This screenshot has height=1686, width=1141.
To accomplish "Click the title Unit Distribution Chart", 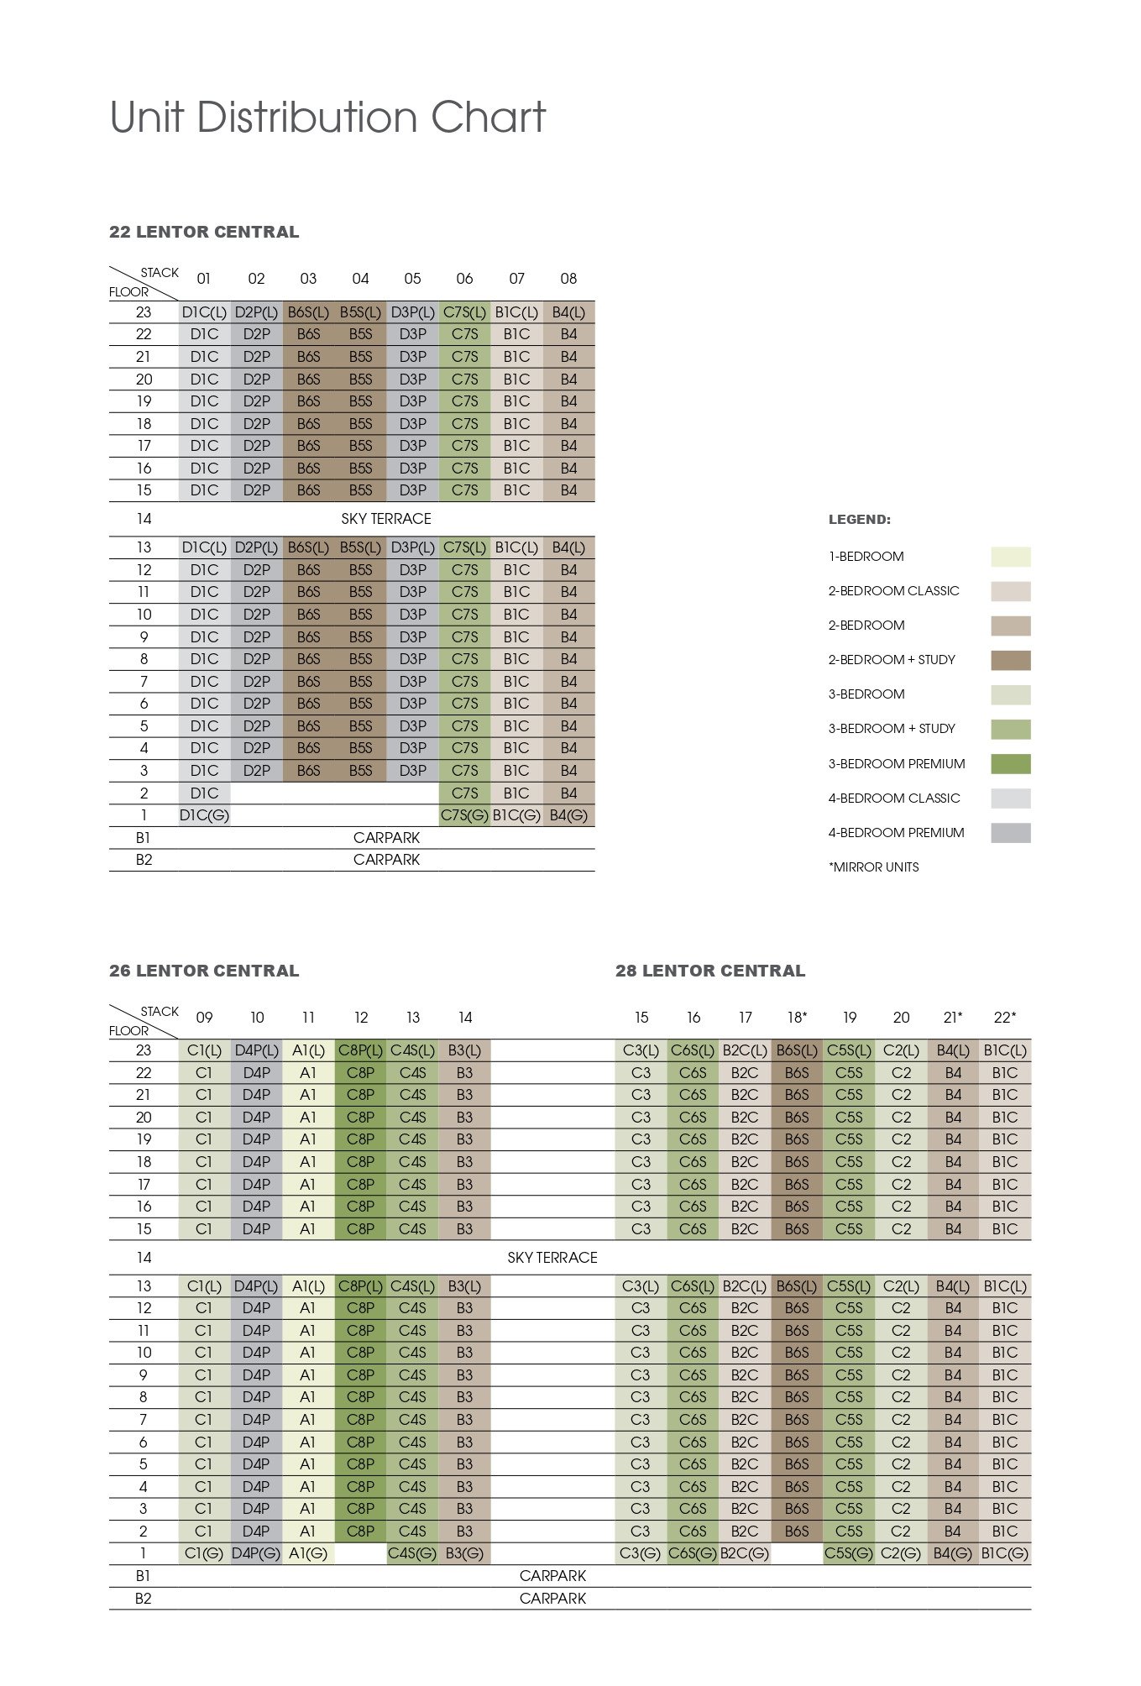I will [327, 118].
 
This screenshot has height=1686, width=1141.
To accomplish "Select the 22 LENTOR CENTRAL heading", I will [204, 233].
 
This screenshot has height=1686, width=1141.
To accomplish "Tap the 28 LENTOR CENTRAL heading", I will [709, 971].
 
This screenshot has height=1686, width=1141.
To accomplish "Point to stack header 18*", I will [797, 1018].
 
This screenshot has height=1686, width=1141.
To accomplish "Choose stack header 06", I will [464, 279].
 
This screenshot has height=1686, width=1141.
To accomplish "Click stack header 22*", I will [1004, 1018].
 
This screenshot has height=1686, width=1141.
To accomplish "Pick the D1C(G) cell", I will [204, 815].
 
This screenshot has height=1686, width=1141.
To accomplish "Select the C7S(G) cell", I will [464, 815].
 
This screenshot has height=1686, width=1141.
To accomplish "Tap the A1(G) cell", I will [308, 1554].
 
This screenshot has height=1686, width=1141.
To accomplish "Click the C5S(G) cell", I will [849, 1554].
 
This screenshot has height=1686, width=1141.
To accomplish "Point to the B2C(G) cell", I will [745, 1554].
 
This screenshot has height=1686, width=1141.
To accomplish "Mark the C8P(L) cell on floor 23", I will [360, 1050].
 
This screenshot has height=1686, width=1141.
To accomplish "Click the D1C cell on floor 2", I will [204, 793].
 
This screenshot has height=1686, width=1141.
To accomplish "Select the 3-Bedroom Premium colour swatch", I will [1010, 764].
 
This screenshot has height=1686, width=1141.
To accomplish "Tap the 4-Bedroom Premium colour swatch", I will [1010, 833].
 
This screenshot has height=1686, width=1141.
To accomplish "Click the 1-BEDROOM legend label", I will [866, 557].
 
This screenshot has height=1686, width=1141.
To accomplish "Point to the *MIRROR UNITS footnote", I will [873, 867].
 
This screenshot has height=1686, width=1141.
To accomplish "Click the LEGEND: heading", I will [859, 520].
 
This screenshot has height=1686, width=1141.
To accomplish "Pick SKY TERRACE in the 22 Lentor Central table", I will [386, 519].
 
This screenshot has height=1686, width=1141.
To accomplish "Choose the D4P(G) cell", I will [256, 1554].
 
